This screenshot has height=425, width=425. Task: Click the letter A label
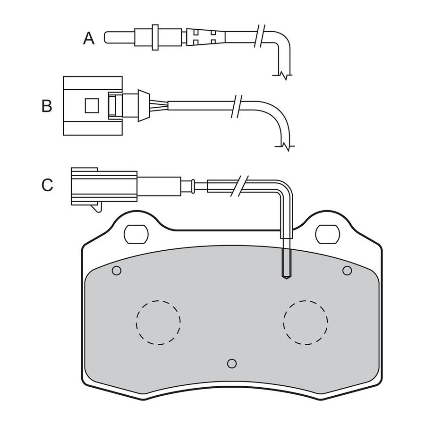pos(89,38)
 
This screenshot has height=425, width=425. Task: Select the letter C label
pos(47,185)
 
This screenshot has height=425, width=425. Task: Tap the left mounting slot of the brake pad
pos(136,234)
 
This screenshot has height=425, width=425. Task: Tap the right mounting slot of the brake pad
pos(328,234)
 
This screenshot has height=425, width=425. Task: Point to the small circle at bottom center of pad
pos(232,364)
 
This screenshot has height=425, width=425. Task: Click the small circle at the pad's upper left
pos(117,271)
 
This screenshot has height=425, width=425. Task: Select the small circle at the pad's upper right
pos(347,271)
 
